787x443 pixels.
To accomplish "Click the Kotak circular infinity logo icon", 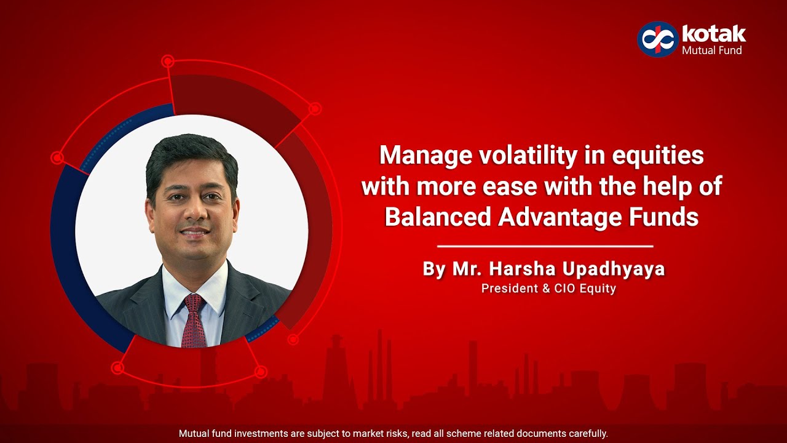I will click(x=657, y=39).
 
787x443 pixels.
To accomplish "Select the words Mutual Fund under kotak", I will click(x=712, y=50).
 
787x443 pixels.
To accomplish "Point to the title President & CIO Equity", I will click(x=548, y=288).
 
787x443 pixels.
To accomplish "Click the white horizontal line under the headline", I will click(x=545, y=246).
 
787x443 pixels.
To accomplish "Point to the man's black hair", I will click(x=191, y=154).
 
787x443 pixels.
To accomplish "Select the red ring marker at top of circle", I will click(x=168, y=62).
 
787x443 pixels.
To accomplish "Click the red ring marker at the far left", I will click(x=57, y=158).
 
